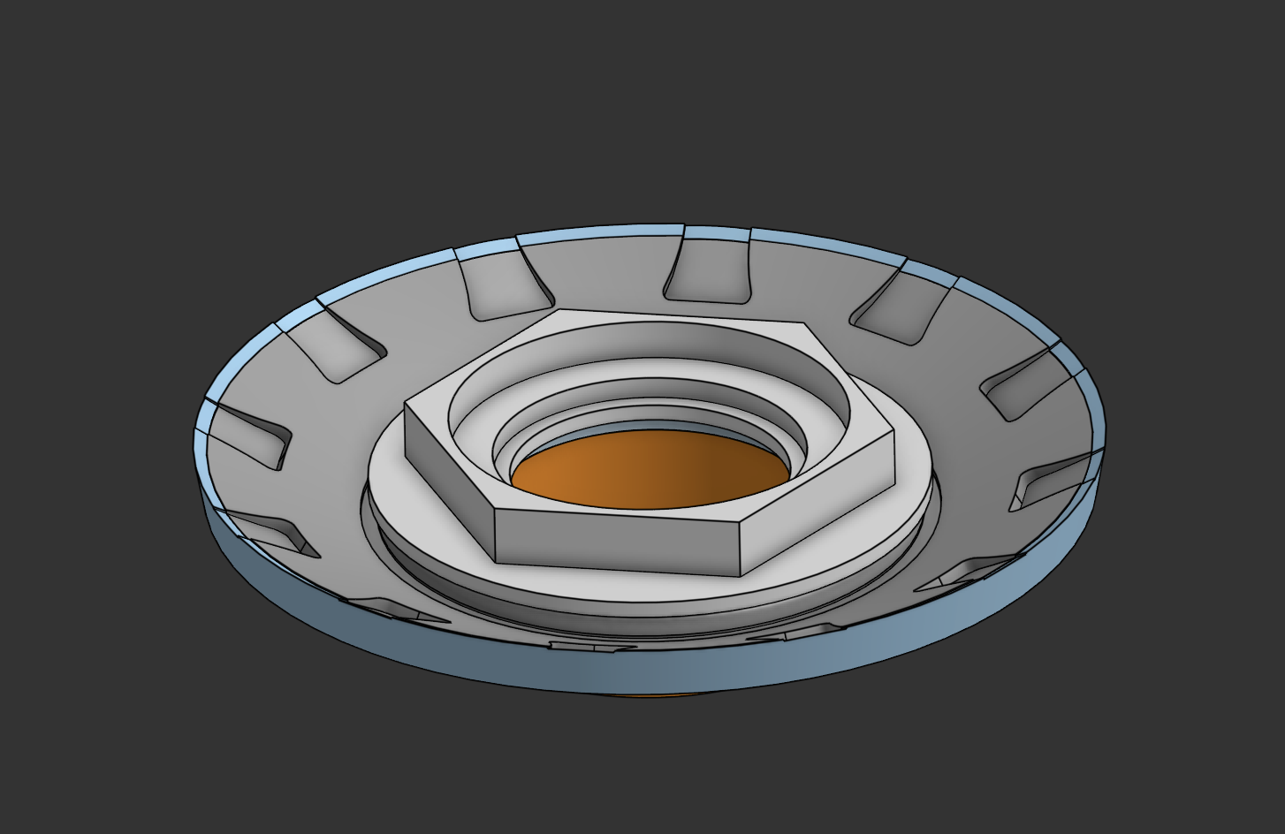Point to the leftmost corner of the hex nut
(x=406, y=405)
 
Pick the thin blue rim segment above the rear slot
(x=716, y=233)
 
